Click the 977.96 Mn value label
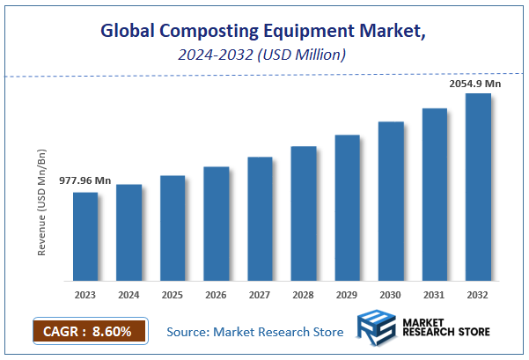tap(85, 180)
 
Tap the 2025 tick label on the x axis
tap(173, 294)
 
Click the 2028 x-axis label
tap(304, 294)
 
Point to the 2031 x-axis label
tap(435, 294)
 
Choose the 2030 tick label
tap(391, 294)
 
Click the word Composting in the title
tap(203, 32)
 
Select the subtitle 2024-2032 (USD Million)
tap(264, 55)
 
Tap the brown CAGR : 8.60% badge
tap(88, 332)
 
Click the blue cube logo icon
tap(376, 329)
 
